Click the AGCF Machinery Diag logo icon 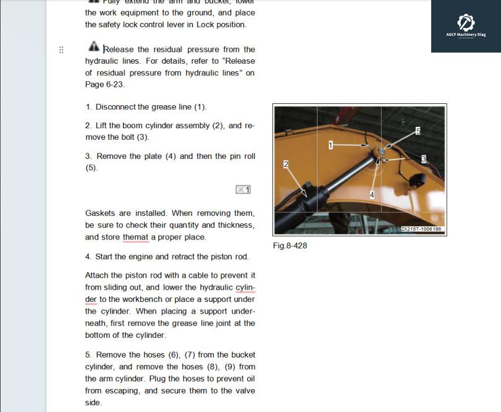point(466,23)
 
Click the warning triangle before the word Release point(93,47)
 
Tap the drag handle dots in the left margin point(61,49)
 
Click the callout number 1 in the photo point(331,145)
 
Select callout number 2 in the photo point(286,164)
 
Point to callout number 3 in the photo point(424,159)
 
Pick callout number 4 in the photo point(372,195)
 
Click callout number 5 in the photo point(418,131)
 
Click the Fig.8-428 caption point(290,246)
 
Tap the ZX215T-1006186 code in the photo point(421,230)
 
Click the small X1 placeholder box point(243,189)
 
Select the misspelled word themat point(135,237)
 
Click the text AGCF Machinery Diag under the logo point(466,35)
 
